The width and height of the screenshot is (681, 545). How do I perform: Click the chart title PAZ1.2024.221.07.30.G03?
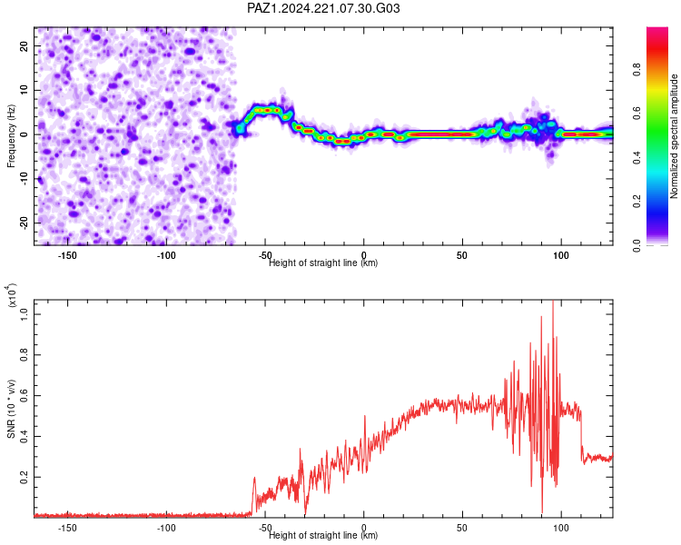pos(323,8)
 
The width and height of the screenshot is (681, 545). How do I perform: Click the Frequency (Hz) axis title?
pos(11,135)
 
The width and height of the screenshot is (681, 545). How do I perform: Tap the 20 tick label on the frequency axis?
pos(24,45)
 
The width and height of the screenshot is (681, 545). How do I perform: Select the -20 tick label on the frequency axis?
pos(24,223)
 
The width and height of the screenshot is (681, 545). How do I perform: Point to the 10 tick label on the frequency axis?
pos(24,90)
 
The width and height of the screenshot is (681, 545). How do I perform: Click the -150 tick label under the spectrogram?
pos(67,255)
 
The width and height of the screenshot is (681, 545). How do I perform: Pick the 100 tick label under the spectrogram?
pos(561,255)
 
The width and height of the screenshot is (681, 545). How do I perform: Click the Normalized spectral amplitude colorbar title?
pos(674,135)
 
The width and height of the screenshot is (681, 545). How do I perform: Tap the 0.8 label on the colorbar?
pos(637,70)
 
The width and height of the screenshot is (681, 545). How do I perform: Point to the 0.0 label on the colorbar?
pos(637,245)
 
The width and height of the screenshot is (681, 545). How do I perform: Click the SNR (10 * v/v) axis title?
pos(11,409)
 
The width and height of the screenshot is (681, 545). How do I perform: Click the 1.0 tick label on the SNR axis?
pos(24,313)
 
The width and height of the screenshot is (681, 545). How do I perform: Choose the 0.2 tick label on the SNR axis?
pos(24,477)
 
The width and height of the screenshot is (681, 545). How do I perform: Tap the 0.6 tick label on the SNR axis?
pos(24,395)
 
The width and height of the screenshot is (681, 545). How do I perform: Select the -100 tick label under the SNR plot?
pos(166,528)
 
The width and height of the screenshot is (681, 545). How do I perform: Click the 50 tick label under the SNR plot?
pos(462,528)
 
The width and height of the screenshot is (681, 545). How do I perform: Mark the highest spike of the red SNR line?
pos(553,301)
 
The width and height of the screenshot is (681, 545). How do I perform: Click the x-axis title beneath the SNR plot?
pos(323,535)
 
